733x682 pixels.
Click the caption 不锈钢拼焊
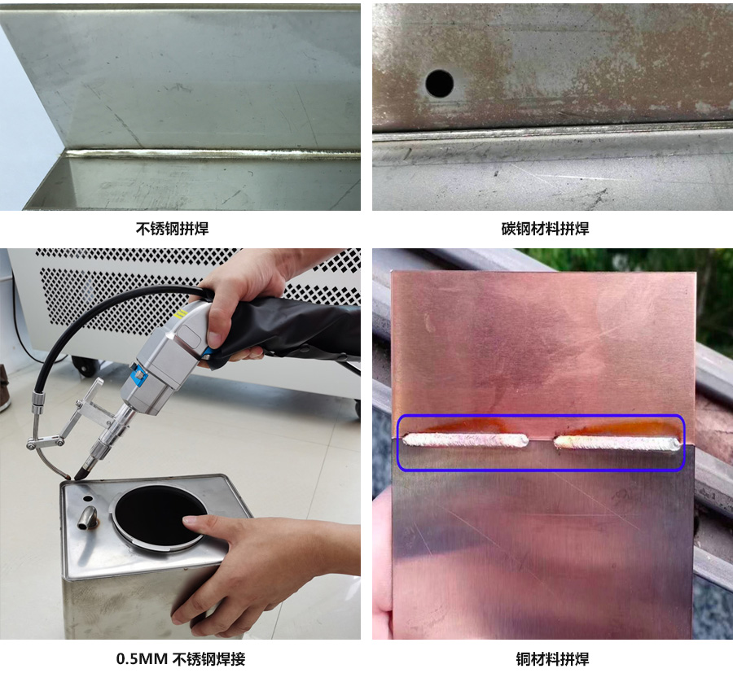click(172, 229)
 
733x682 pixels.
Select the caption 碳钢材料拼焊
click(545, 229)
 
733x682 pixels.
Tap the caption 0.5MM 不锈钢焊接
click(181, 659)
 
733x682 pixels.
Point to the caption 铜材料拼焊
click(552, 659)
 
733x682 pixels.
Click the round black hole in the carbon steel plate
click(440, 83)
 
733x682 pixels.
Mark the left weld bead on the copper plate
click(466, 440)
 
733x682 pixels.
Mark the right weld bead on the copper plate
click(617, 443)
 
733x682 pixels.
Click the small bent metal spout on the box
click(87, 518)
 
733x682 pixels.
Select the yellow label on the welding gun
click(178, 313)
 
